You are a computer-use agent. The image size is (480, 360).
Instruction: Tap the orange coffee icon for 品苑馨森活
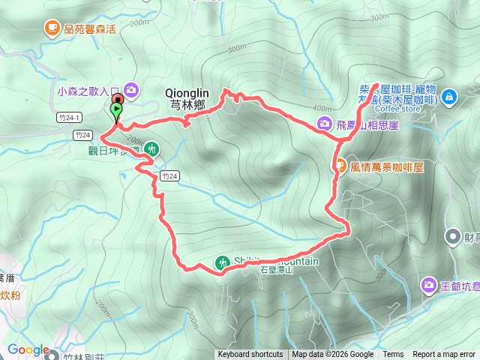pyautogui.click(x=51, y=28)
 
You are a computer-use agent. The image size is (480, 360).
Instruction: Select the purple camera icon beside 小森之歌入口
pyautogui.click(x=131, y=91)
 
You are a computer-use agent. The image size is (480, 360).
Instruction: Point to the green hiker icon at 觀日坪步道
pyautogui.click(x=152, y=148)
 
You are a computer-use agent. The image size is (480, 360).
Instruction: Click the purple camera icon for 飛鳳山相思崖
pyautogui.click(x=324, y=124)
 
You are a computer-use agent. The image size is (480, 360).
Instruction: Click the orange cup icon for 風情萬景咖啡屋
pyautogui.click(x=339, y=166)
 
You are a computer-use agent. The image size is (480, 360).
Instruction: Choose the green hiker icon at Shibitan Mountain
pyautogui.click(x=222, y=262)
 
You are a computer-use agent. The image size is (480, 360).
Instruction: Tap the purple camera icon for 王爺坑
pyautogui.click(x=428, y=284)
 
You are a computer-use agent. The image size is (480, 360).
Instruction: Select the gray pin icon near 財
pyautogui.click(x=452, y=238)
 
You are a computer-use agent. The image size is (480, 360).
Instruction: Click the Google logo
pyautogui.click(x=28, y=350)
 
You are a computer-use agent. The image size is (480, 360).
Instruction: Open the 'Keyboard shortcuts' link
pyautogui.click(x=250, y=355)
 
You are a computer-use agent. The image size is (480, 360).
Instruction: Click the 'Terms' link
pyautogui.click(x=393, y=355)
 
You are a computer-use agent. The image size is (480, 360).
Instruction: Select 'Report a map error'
pyautogui.click(x=444, y=355)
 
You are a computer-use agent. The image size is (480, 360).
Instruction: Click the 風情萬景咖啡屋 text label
pyautogui.click(x=387, y=166)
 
